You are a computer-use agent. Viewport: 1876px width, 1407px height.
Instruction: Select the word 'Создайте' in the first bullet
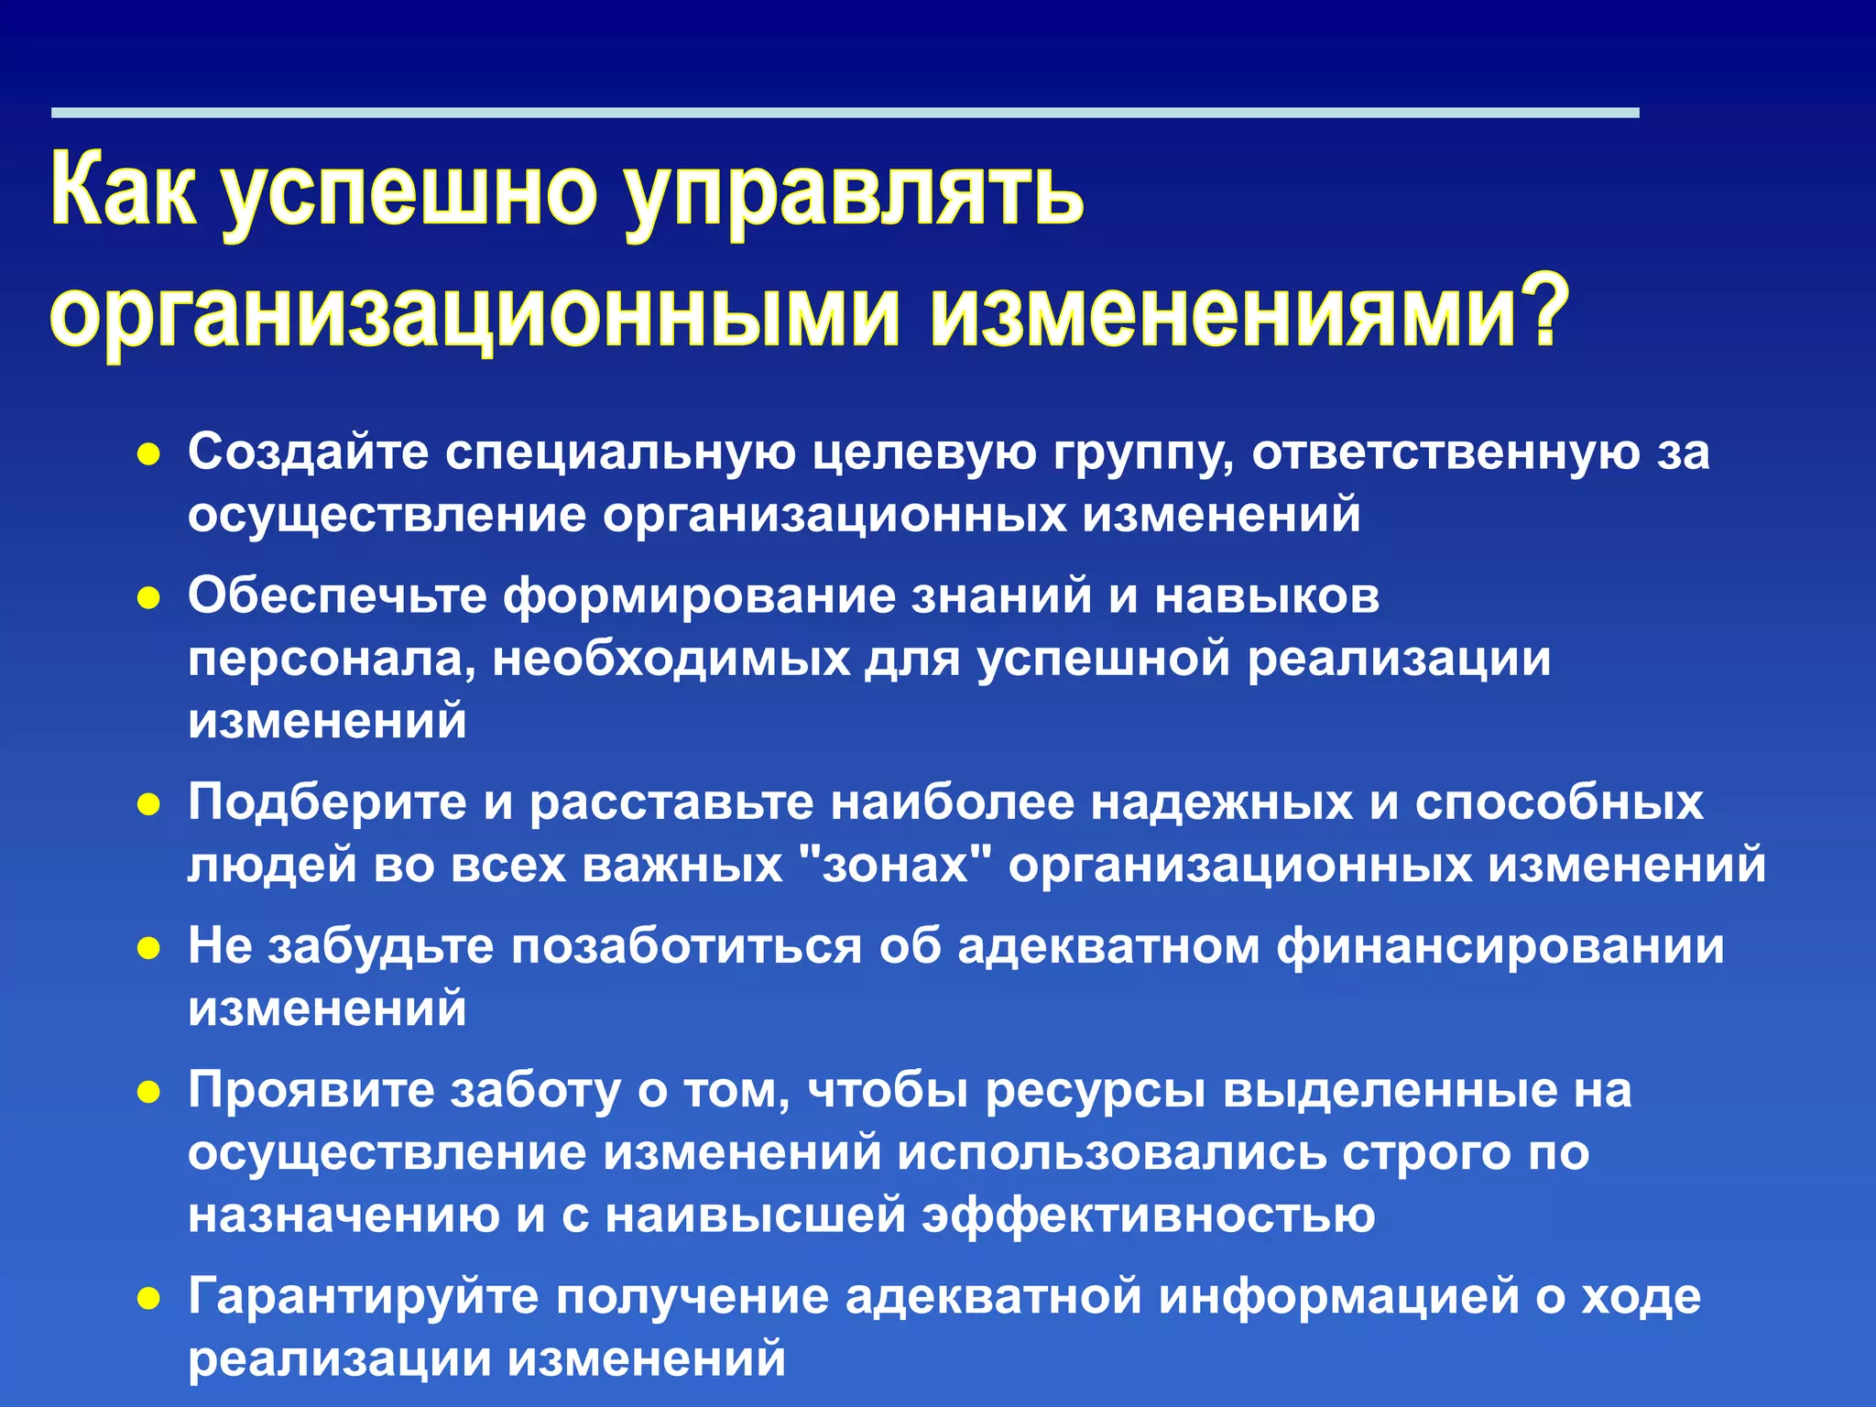point(308,452)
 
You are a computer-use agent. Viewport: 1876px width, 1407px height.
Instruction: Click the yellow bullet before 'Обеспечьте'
point(148,598)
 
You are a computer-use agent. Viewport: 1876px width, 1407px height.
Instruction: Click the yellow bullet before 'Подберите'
point(148,804)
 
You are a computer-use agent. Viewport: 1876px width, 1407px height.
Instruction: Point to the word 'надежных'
point(1222,802)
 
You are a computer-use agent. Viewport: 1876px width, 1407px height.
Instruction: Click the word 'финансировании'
point(1500,946)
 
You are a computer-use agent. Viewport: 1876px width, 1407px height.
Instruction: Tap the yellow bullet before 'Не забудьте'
point(148,948)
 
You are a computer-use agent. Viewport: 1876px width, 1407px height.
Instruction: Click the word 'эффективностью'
point(1149,1215)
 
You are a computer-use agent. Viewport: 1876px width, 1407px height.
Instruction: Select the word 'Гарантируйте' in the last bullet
point(363,1297)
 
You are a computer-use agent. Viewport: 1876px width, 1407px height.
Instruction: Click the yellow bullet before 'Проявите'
point(148,1092)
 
